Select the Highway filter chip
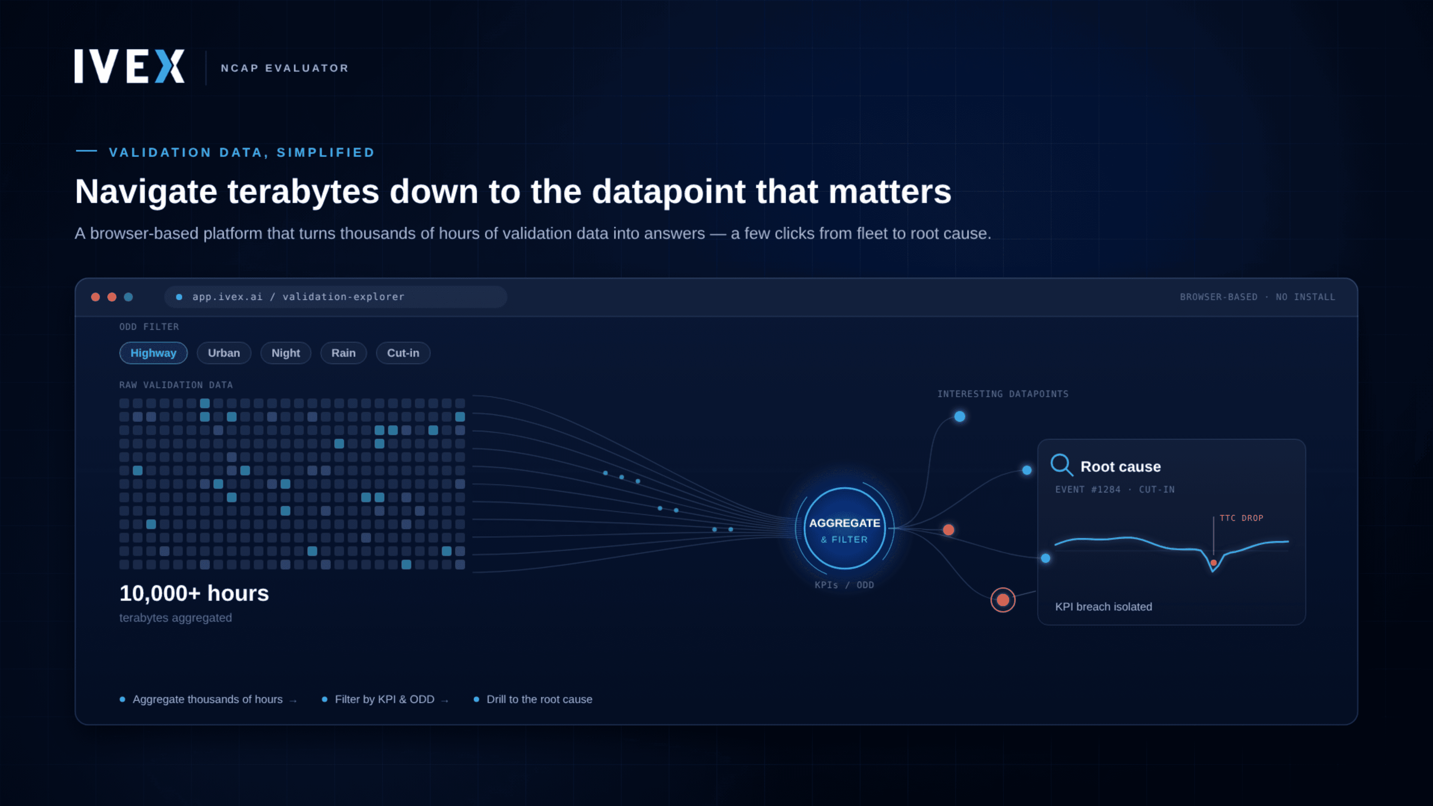[x=153, y=353]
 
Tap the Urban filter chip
[x=224, y=353]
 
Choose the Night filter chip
[x=285, y=353]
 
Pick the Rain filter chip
[x=343, y=353]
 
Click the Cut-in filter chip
[x=403, y=353]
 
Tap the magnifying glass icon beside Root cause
[x=1061, y=465]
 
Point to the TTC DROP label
[x=1241, y=518]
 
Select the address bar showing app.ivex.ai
[x=335, y=297]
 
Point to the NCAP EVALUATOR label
[x=285, y=68]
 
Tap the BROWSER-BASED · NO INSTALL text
[x=1257, y=297]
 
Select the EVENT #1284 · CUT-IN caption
[x=1115, y=490]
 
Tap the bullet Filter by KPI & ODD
[x=384, y=699]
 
